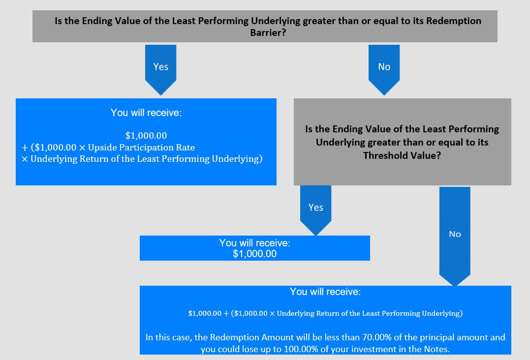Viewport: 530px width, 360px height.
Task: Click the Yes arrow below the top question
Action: (160, 70)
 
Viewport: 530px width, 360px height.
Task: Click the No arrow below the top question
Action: (384, 70)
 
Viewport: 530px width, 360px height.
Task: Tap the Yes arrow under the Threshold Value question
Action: (316, 210)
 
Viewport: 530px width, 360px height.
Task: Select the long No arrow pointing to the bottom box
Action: (455, 237)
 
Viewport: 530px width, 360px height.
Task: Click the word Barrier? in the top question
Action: (268, 32)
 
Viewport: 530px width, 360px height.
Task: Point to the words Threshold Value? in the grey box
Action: (402, 155)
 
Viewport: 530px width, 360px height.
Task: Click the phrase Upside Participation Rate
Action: (141, 147)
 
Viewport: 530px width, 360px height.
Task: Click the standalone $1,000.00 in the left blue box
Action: (146, 135)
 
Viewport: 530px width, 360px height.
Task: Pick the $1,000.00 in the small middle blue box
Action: (254, 254)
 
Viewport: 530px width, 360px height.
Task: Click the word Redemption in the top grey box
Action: (454, 21)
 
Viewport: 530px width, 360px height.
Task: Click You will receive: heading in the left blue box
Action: (146, 113)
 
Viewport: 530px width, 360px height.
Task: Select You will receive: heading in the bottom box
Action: (325, 292)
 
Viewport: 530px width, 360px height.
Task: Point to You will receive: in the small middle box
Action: (254, 243)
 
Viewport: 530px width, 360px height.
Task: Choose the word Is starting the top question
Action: (58, 21)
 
